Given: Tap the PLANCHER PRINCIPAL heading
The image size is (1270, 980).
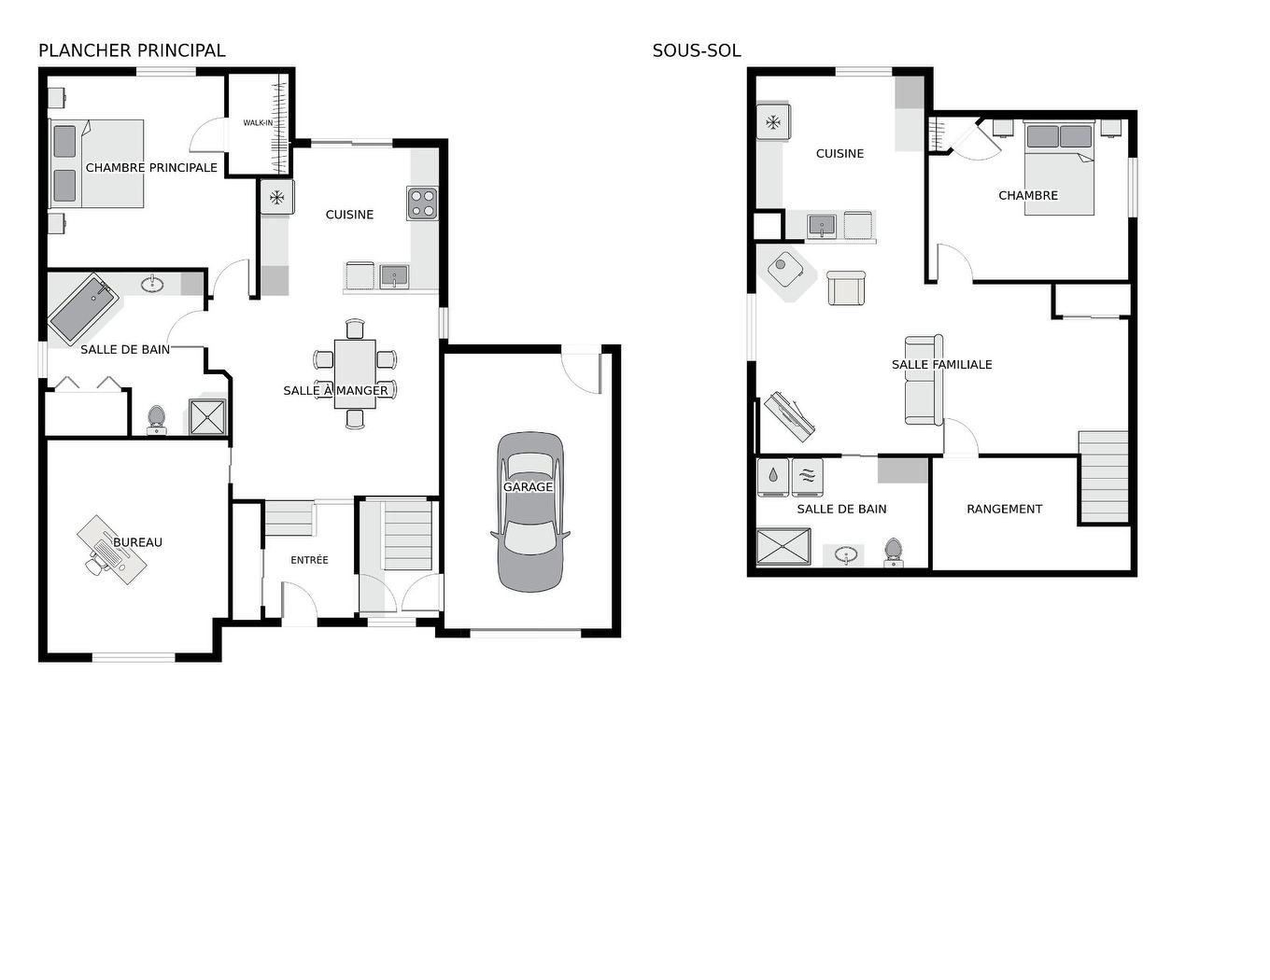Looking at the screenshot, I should [132, 50].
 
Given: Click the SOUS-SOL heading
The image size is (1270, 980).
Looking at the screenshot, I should [697, 50].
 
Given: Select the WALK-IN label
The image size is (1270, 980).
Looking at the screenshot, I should [258, 123].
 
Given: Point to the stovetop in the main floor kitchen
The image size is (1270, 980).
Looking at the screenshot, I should [422, 203].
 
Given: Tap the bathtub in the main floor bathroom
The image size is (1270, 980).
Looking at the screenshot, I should [84, 309].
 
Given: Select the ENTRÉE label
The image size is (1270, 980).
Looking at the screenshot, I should [309, 560].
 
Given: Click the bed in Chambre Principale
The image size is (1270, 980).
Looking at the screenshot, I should [97, 163].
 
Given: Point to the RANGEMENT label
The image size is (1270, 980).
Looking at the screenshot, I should [1004, 509].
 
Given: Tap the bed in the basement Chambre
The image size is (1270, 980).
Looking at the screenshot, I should [1059, 168].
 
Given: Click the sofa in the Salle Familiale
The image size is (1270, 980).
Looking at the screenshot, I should [924, 380].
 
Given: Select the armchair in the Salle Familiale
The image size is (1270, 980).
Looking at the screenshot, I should [846, 287].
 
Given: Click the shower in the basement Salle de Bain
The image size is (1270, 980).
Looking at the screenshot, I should [783, 547].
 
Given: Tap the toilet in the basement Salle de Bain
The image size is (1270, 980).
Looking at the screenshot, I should [893, 553].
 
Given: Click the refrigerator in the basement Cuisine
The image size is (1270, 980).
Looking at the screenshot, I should [773, 122].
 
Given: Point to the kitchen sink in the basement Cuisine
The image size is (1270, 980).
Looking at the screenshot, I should [822, 225].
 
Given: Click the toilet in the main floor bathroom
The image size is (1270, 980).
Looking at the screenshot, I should [156, 421].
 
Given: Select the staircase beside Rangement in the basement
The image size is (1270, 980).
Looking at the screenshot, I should [1104, 476].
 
